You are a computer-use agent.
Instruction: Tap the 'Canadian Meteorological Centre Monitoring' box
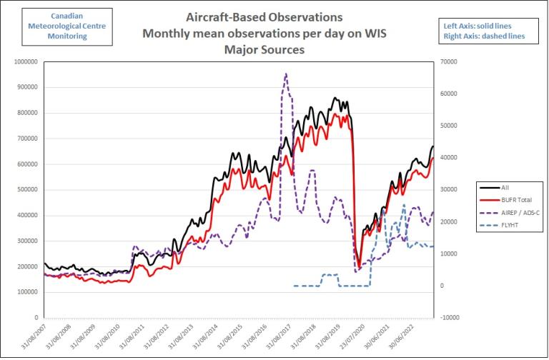coord(57,26)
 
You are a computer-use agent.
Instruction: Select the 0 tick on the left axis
coord(36,317)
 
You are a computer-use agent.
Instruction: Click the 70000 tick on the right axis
coord(450,61)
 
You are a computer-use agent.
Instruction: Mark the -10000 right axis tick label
coord(451,317)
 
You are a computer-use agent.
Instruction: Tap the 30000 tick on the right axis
coord(450,189)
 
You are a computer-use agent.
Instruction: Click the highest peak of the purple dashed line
coord(286,74)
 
